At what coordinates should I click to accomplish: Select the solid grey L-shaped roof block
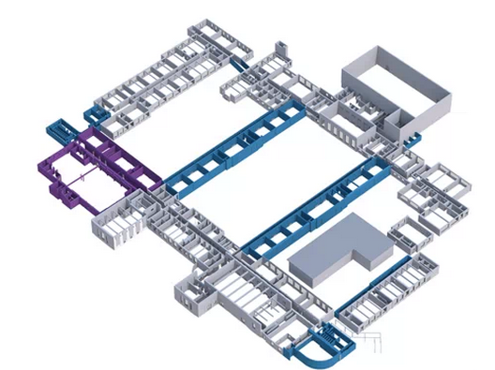[337, 248]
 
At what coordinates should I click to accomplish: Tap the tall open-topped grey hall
[394, 89]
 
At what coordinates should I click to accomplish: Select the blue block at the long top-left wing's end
[95, 115]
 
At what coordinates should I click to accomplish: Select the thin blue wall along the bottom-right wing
[370, 290]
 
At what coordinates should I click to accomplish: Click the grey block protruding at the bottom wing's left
[192, 295]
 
